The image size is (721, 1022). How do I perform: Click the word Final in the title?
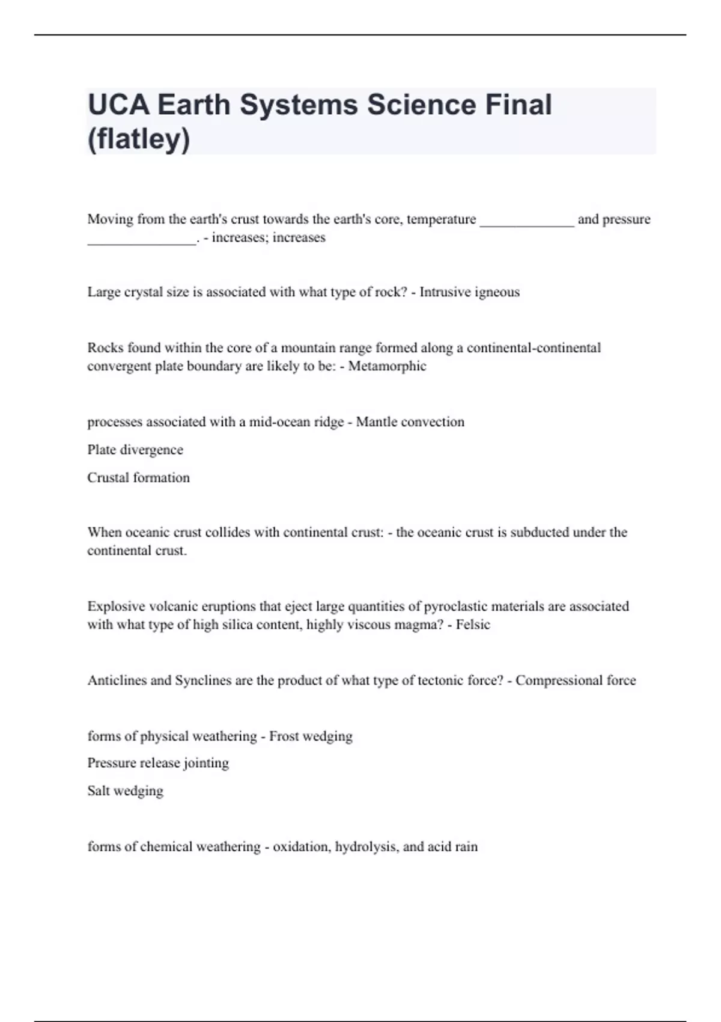[518, 105]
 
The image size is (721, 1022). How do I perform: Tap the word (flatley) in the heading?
[139, 139]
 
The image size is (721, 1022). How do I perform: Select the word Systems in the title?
[296, 105]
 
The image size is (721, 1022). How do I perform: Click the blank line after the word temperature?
[527, 220]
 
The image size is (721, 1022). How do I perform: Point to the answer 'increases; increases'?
[269, 237]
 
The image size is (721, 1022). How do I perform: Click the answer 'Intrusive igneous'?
[469, 292]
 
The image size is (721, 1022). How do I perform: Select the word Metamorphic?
[387, 366]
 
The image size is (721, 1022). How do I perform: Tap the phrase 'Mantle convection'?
[410, 422]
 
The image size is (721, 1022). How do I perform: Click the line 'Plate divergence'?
[135, 450]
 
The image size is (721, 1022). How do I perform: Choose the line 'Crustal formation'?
[138, 477]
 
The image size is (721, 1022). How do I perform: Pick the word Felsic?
[473, 625]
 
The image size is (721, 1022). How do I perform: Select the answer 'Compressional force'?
[576, 681]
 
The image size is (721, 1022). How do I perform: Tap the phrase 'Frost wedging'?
[311, 736]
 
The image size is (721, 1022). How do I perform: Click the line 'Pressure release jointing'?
[158, 763]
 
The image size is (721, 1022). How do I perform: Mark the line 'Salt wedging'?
[125, 791]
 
